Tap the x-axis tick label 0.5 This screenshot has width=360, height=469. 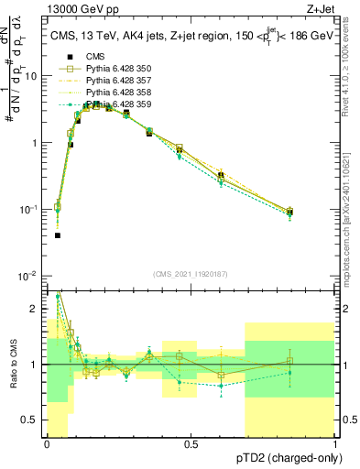191,444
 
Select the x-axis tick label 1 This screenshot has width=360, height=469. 335,444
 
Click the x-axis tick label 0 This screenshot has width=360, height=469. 47,444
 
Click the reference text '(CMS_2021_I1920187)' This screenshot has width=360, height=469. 191,273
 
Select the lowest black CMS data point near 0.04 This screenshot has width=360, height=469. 58,235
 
